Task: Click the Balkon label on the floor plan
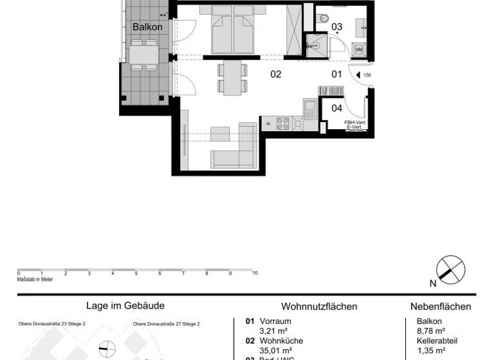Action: tap(147, 28)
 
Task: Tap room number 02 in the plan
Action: tap(275, 75)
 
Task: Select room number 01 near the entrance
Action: tap(336, 75)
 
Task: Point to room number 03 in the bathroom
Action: tap(336, 27)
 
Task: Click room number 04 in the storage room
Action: tap(336, 108)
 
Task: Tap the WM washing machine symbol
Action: tap(358, 50)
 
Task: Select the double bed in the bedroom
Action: tap(232, 31)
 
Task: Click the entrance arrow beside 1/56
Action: tap(358, 75)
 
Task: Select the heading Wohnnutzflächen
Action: tap(319, 307)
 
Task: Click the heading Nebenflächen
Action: tap(441, 307)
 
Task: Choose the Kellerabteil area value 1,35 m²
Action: tap(432, 351)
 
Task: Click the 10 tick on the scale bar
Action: tap(255, 273)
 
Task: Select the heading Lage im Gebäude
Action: tap(125, 307)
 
